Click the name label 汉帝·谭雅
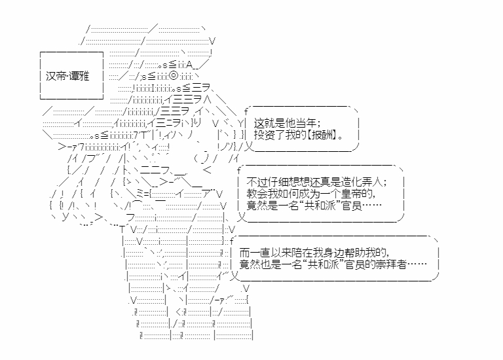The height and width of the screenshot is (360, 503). coord(67,77)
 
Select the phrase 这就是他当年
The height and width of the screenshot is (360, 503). coord(285,123)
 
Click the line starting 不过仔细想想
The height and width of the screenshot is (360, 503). coord(316,182)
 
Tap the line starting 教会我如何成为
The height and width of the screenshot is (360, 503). coord(311,194)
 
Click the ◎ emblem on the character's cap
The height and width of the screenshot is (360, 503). coord(173,77)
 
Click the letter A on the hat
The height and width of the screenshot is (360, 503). coord(189,65)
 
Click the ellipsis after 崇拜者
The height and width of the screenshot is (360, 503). coord(417,264)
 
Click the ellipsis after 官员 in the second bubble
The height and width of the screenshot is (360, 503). coord(372,206)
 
